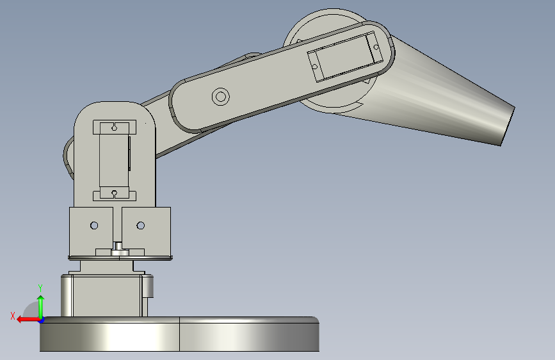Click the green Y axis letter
tap(40, 288)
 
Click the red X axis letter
tap(13, 316)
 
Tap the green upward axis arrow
tap(41, 306)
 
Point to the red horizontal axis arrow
tap(29, 320)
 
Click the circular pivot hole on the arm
tap(220, 96)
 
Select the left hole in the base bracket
tap(94, 225)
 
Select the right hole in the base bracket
tap(141, 225)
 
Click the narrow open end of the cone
tap(508, 126)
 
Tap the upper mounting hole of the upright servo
tap(114, 127)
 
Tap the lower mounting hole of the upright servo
tap(115, 193)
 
